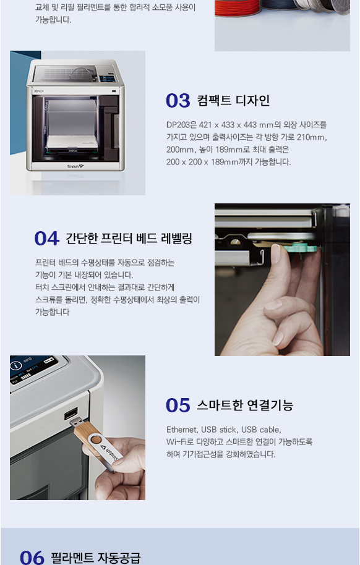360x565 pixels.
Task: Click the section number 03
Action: point(178,101)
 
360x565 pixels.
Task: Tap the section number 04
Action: point(46,239)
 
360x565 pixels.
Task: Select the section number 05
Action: point(178,406)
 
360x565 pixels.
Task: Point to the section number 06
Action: point(32,558)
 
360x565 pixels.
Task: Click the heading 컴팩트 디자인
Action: point(233,101)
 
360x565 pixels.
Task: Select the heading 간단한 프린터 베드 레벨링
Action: point(129,239)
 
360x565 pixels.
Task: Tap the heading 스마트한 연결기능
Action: point(245,406)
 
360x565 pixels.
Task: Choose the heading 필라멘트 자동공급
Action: point(95,558)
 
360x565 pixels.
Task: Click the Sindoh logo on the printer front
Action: point(75,166)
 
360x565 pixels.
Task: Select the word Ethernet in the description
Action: point(182,430)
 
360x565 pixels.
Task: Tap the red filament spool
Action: point(238,8)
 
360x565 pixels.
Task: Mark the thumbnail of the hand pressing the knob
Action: point(282,279)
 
